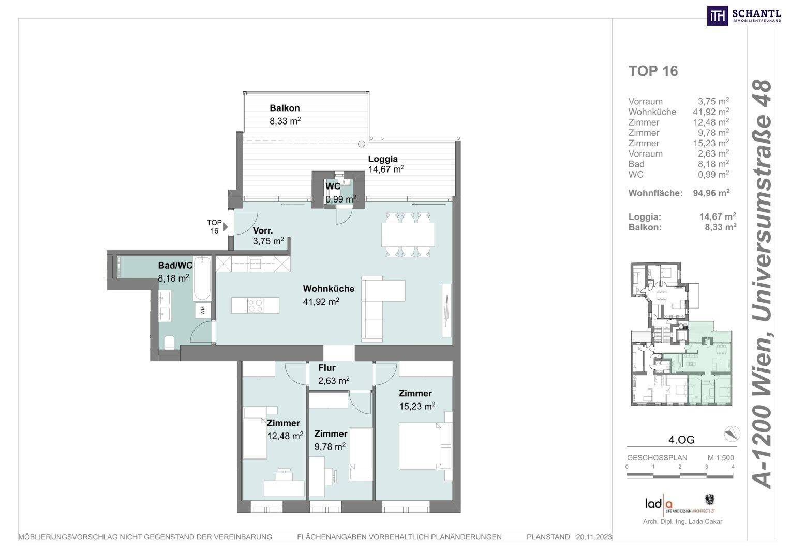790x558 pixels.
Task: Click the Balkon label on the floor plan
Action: [285, 108]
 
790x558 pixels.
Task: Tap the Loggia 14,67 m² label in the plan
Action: [386, 164]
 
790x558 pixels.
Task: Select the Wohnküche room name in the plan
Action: [329, 289]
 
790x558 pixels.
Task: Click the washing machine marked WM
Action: [203, 311]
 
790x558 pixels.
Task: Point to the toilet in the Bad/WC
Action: [170, 342]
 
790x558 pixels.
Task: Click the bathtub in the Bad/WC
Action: [202, 278]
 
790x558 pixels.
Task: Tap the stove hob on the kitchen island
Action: [255, 305]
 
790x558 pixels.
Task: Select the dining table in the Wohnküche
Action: [408, 235]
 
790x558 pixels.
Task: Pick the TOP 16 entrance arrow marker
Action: [226, 227]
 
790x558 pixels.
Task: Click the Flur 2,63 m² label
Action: [334, 374]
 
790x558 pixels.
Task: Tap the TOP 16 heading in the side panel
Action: [653, 71]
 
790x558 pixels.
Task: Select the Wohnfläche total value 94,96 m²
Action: [711, 193]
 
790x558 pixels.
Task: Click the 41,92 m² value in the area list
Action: [711, 112]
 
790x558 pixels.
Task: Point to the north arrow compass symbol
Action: [732, 433]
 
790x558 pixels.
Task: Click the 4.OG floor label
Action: [681, 440]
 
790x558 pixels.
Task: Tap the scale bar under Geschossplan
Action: [680, 475]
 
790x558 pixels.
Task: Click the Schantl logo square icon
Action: [718, 16]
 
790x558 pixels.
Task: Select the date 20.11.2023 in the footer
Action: [594, 537]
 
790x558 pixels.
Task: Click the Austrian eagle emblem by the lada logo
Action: [709, 500]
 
